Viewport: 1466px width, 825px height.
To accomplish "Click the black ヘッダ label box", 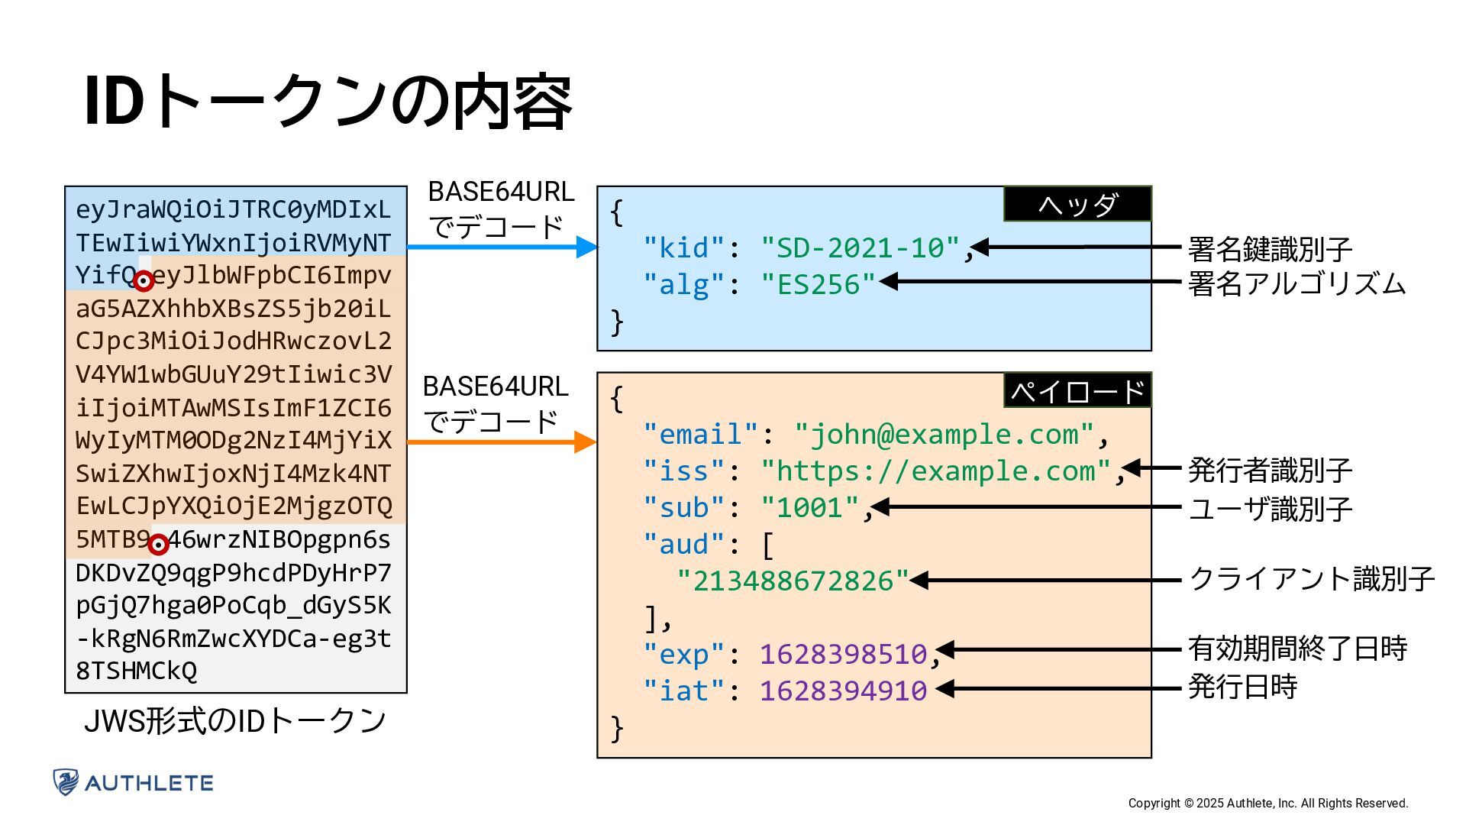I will click(x=1077, y=204).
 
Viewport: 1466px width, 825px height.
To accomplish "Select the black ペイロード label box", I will click(x=1077, y=391).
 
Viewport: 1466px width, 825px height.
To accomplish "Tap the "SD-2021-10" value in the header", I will click(x=860, y=247).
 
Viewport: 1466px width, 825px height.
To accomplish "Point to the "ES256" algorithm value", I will click(x=818, y=284).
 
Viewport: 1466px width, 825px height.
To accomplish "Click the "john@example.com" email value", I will click(x=945, y=434).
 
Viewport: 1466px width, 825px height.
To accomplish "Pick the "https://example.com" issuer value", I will click(x=936, y=471).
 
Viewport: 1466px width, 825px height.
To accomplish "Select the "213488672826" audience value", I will click(x=793, y=581).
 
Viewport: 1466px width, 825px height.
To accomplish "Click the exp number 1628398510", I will click(x=843, y=654).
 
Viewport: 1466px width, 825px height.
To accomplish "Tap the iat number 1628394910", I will click(x=843, y=691).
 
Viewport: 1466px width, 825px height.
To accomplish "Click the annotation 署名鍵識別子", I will click(x=1270, y=249).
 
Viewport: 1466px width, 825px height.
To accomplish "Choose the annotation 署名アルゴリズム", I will click(x=1296, y=284).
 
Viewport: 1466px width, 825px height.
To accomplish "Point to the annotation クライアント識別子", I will click(x=1312, y=579).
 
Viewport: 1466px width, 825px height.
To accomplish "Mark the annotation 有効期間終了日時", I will click(x=1297, y=649).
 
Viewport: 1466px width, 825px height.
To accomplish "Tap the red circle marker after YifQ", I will click(x=144, y=281).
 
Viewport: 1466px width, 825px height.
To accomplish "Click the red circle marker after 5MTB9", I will click(x=158, y=545).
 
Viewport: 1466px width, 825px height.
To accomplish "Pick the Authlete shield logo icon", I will click(x=66, y=782).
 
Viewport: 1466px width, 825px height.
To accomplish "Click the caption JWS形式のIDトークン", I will click(x=234, y=720).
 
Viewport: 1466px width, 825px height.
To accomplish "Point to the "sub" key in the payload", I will click(x=683, y=507).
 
